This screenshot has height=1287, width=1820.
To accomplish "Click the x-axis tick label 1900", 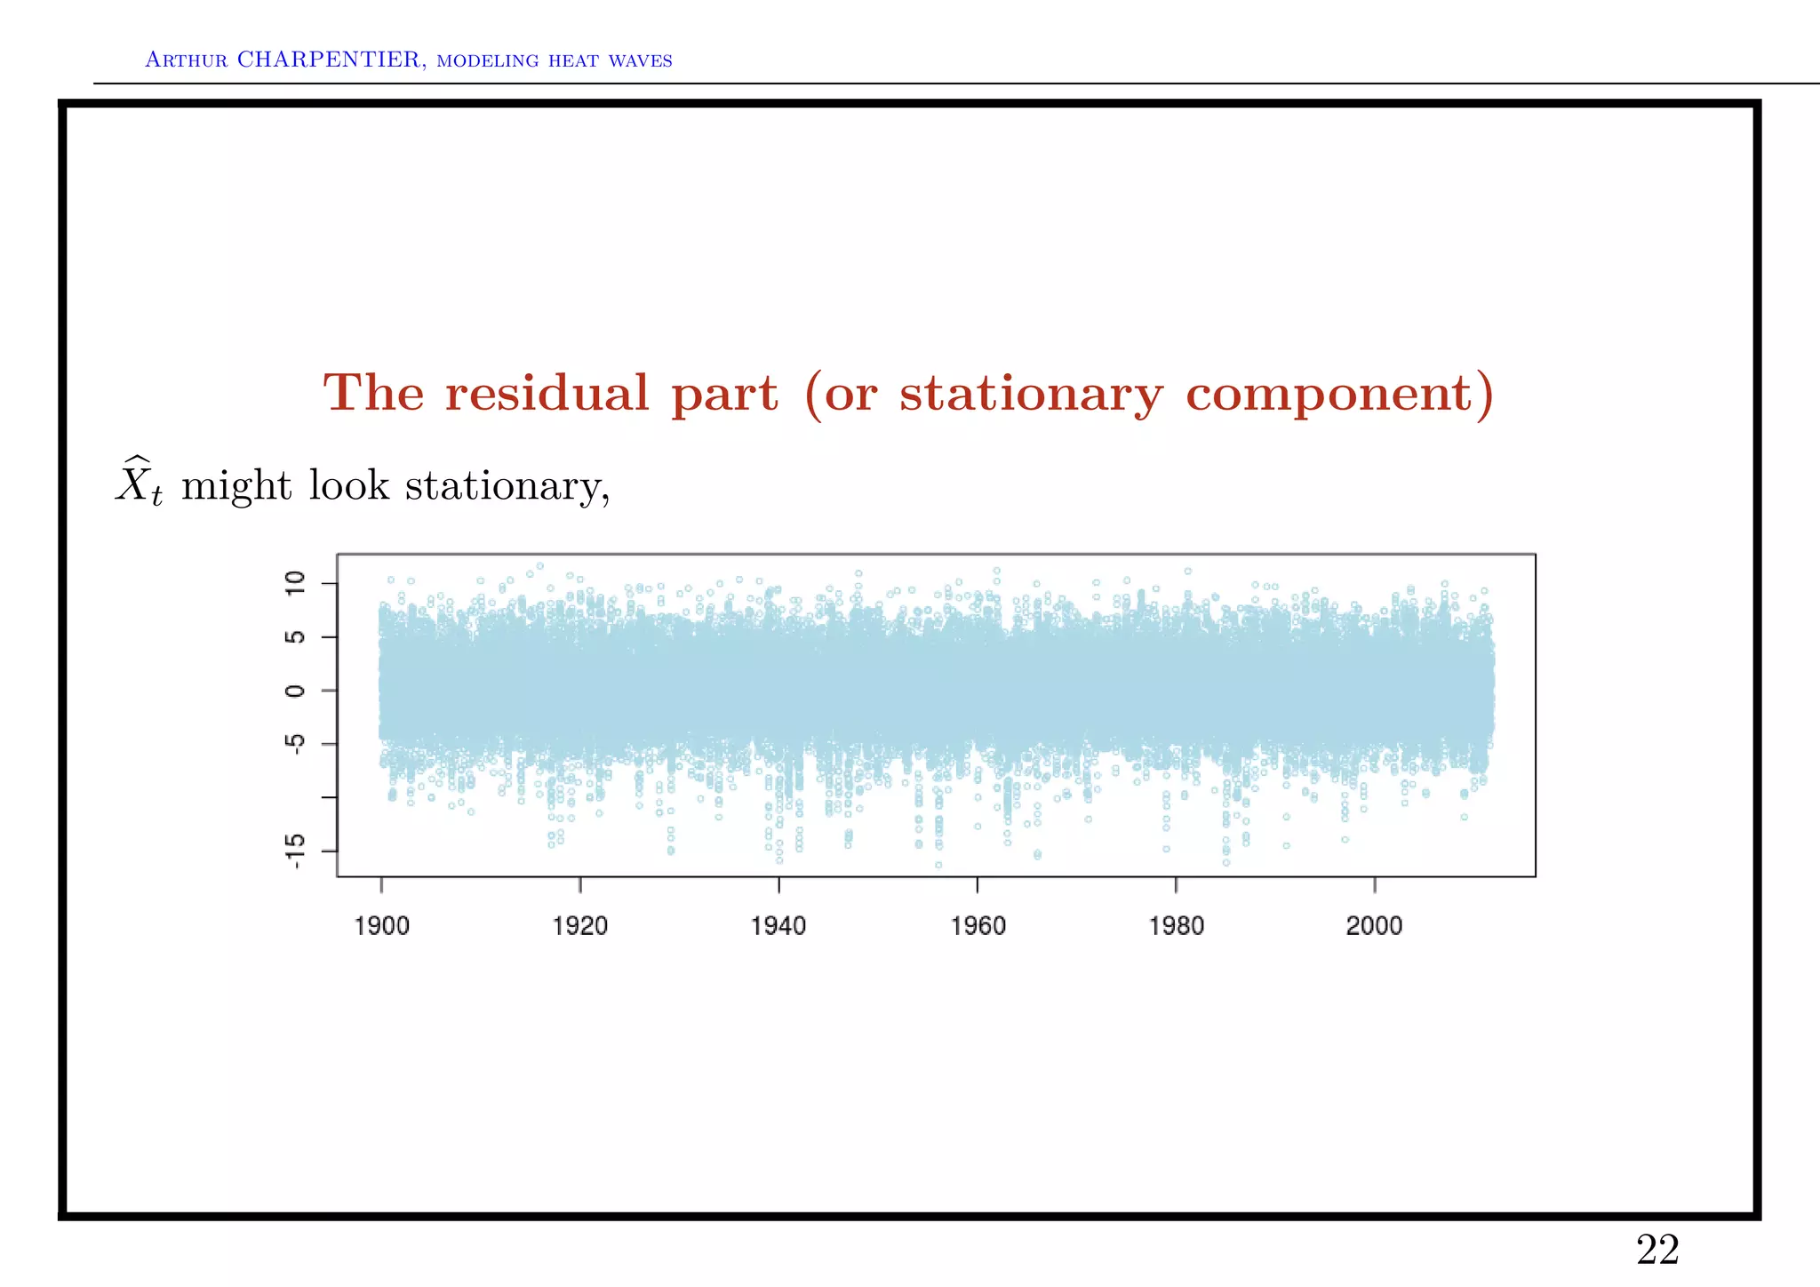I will (381, 926).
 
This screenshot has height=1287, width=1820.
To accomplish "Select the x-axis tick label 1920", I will (579, 926).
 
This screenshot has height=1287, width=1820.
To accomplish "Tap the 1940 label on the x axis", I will (778, 926).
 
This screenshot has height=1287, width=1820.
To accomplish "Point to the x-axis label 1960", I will (978, 926).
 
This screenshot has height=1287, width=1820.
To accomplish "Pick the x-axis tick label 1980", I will (1176, 926).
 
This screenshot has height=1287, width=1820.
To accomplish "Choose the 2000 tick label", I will (1374, 926).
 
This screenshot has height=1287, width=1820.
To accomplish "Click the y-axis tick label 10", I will (295, 583).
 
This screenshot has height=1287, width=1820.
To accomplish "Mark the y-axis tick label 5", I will (295, 637).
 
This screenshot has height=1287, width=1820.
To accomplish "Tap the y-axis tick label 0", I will (295, 691).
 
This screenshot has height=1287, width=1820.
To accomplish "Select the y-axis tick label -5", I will (295, 743).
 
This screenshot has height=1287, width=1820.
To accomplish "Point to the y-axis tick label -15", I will (295, 851).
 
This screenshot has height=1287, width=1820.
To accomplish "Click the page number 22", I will (1657, 1251).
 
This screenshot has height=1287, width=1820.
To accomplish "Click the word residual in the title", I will (547, 393).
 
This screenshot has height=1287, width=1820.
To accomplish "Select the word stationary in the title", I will (1031, 395).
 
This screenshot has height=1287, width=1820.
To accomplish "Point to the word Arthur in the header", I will (187, 60).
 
